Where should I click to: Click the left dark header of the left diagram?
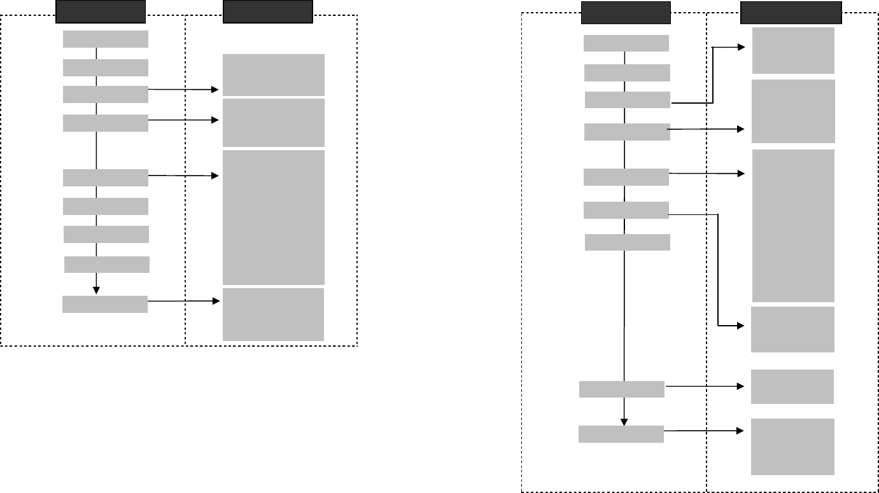pos(101,11)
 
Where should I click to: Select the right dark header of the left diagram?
pos(268,11)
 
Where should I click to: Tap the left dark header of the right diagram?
pos(626,12)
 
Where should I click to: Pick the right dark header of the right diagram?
pos(791,12)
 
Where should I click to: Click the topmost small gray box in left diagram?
pos(106,39)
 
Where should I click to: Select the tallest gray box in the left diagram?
pos(274,217)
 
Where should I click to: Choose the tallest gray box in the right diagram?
pos(793,225)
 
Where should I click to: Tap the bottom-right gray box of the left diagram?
pos(273,314)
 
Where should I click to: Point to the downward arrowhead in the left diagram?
pos(96,289)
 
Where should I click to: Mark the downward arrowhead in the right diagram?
pos(624,420)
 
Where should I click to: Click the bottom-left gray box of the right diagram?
pos(621,434)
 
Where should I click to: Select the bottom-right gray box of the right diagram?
pos(792,447)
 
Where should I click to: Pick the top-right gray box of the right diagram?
pos(793,50)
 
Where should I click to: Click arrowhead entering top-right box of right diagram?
pos(741,47)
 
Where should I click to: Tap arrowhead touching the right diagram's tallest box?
pos(740,173)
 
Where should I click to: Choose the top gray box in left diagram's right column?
pos(274,74)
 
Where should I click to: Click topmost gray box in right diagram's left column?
pos(626,43)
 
